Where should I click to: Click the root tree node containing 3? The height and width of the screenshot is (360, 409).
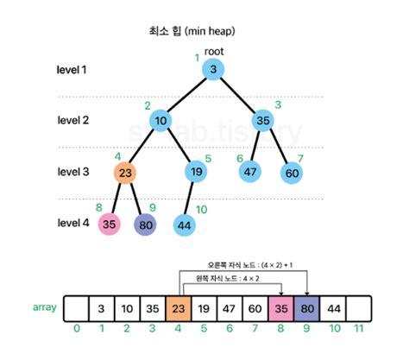click(213, 71)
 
